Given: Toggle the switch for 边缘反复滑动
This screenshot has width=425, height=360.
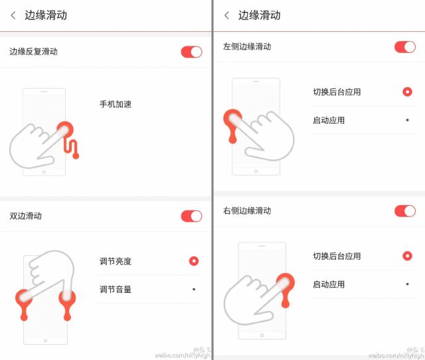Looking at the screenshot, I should (191, 52).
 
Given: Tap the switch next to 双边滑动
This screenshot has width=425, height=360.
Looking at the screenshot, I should (191, 216).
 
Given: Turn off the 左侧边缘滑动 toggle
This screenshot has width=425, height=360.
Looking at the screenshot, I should (404, 46).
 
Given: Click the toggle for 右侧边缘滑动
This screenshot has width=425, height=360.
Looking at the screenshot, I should (404, 211).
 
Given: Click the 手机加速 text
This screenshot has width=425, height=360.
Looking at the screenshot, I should (116, 104).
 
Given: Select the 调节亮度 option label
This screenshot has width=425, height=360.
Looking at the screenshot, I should (116, 261).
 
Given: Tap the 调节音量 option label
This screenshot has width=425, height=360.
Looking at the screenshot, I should (116, 289).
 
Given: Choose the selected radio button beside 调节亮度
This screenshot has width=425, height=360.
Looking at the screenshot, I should (193, 261).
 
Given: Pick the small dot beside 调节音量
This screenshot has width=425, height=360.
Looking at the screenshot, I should (193, 289).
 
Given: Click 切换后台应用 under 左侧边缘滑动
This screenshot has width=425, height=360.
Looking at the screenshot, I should (337, 92).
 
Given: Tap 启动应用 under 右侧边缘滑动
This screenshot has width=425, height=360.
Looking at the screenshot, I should (329, 284).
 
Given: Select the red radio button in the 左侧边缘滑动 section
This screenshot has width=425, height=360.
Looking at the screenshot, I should (407, 92).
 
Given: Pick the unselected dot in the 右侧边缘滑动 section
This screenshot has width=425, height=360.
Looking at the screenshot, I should (407, 284).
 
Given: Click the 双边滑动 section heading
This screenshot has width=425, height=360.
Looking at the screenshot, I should (25, 216).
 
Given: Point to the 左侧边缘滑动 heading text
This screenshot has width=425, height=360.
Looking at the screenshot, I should (247, 46).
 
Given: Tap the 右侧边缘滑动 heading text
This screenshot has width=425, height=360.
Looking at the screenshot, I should (247, 211).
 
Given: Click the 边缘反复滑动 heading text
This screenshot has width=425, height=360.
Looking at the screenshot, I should (33, 52).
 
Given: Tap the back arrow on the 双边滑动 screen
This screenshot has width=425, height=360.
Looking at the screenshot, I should (13, 15).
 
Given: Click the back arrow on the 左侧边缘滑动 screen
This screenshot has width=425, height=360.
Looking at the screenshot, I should (226, 15).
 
